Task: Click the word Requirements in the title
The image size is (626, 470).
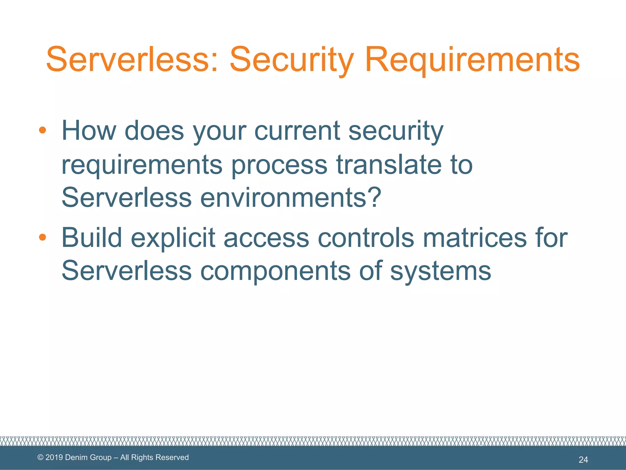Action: coord(472,60)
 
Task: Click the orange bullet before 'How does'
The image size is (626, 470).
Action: coord(42,130)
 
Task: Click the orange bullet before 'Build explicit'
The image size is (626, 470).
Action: coord(42,237)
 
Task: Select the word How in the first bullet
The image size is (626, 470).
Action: coord(89,131)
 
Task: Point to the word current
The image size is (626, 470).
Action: coord(297,131)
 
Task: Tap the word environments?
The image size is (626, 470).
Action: coord(290,197)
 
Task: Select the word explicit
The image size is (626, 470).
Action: coord(173,238)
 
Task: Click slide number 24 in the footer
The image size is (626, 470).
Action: coord(583,460)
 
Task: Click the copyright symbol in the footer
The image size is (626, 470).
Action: coord(40,457)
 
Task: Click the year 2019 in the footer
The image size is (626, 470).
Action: coord(54,457)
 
